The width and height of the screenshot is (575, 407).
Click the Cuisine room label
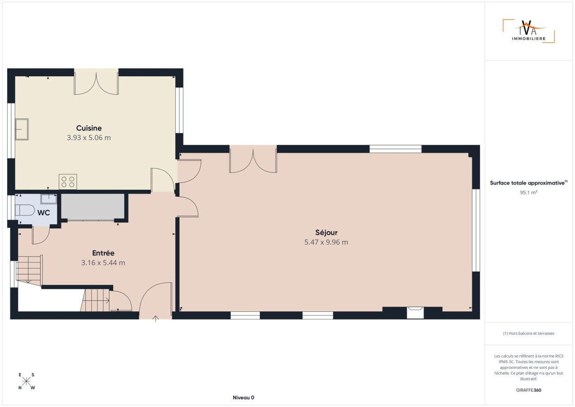[x=89, y=128]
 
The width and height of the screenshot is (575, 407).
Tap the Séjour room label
[x=326, y=233]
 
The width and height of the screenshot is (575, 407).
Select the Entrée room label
[x=103, y=253]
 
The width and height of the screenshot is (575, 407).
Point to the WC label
[x=44, y=213]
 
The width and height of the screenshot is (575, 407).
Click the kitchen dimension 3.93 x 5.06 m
[x=89, y=138]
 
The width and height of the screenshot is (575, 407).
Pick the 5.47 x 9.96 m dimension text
[x=326, y=242]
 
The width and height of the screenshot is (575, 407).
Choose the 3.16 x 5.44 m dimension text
[x=103, y=263]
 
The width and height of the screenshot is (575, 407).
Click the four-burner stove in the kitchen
[x=68, y=181]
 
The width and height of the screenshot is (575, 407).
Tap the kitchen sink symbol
[x=22, y=129]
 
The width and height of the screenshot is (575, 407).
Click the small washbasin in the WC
[x=49, y=199]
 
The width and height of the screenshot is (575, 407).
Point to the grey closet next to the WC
[x=93, y=207]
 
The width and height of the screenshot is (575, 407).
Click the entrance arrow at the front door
[x=155, y=319]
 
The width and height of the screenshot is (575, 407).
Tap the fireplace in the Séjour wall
[x=416, y=313]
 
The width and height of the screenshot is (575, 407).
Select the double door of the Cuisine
[x=96, y=84]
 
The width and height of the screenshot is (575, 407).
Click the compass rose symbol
[x=26, y=381]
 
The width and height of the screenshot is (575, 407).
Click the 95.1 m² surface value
[x=529, y=192]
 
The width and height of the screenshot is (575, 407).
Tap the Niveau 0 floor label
[x=243, y=398]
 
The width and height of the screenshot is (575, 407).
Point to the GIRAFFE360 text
[x=529, y=390]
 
